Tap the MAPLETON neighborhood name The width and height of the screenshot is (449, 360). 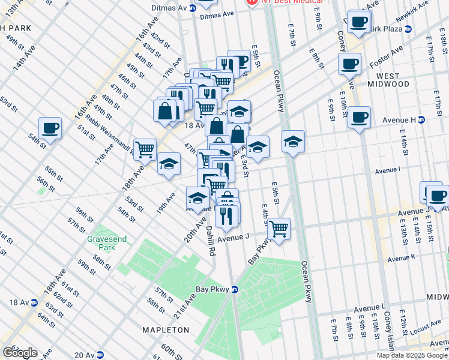[165, 330]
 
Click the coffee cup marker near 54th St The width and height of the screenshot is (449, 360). [50, 128]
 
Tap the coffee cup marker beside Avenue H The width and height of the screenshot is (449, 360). [359, 118]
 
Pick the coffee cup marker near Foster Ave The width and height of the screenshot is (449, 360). [349, 64]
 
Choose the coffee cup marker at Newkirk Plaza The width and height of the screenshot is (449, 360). [359, 22]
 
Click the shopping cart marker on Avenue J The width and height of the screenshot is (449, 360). [279, 229]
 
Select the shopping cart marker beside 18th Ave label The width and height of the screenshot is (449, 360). [145, 149]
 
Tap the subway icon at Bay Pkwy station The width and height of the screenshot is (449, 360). [235, 289]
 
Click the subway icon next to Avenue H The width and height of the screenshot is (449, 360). [421, 119]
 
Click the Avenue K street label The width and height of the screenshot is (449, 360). [401, 258]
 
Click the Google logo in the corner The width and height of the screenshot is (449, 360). [20, 352]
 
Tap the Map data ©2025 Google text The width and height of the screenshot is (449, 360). [412, 355]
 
